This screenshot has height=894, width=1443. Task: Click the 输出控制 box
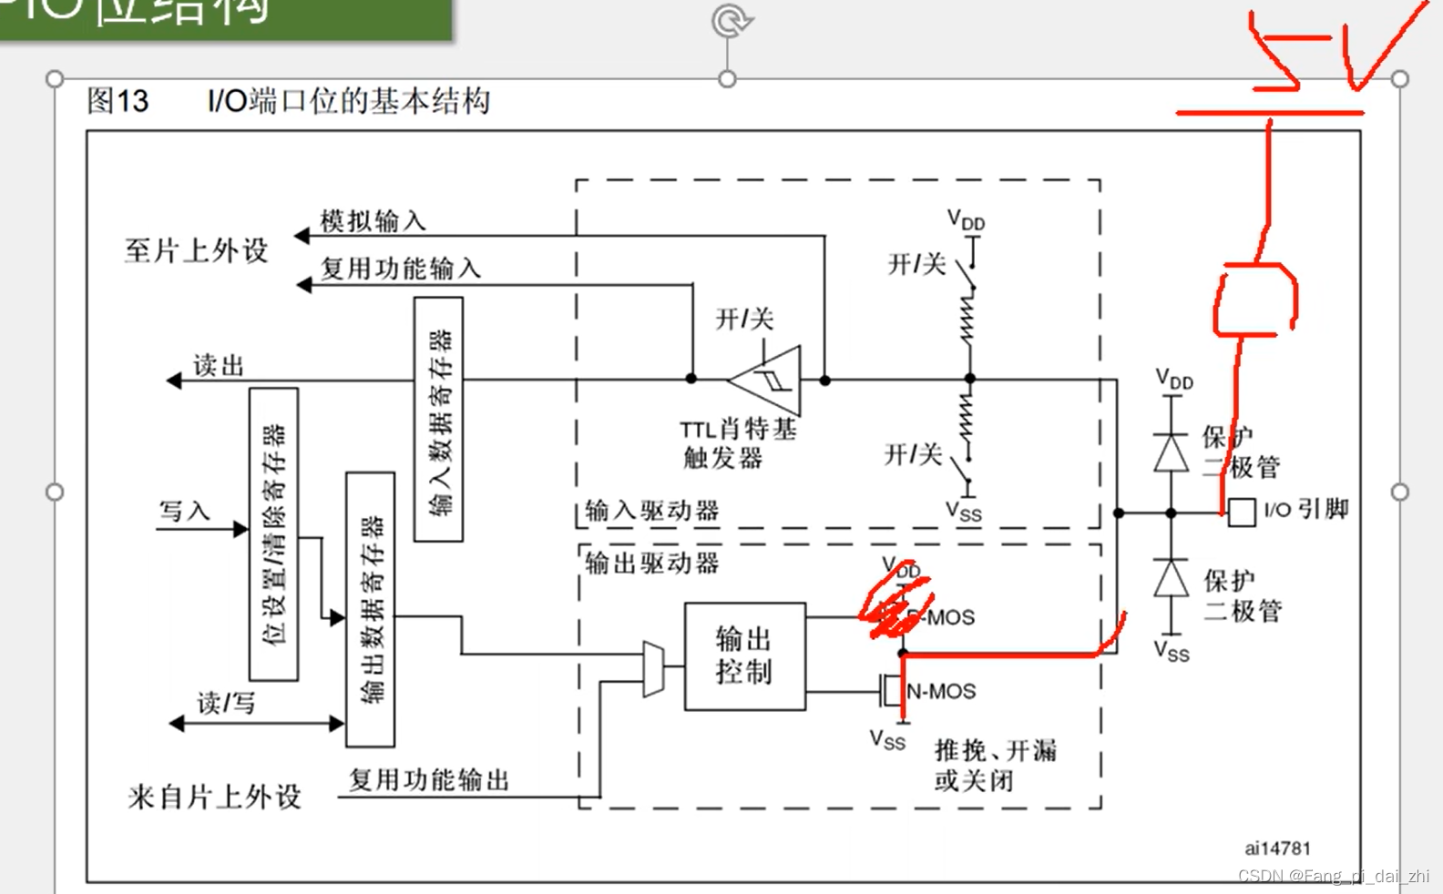(x=744, y=655)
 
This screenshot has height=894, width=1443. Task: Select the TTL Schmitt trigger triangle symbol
(x=770, y=379)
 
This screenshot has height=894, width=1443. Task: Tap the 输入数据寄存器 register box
(x=438, y=419)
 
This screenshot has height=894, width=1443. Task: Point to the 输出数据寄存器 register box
(x=370, y=609)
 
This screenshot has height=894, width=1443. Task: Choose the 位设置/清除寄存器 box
(x=273, y=533)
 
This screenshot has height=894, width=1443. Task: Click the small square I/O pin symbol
(x=1241, y=513)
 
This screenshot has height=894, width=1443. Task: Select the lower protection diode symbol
(x=1172, y=579)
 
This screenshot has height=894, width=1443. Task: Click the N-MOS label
(x=941, y=692)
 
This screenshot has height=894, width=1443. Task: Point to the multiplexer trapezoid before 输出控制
(x=653, y=669)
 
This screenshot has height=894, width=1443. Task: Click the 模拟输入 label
(x=373, y=221)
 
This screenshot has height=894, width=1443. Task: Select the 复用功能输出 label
(x=429, y=780)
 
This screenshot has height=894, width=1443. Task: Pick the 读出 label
(x=219, y=366)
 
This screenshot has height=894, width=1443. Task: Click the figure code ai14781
(x=1277, y=848)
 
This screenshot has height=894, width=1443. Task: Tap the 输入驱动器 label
(x=651, y=511)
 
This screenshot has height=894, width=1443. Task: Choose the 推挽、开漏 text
(x=996, y=750)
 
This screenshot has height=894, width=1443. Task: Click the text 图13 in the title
(x=118, y=100)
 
